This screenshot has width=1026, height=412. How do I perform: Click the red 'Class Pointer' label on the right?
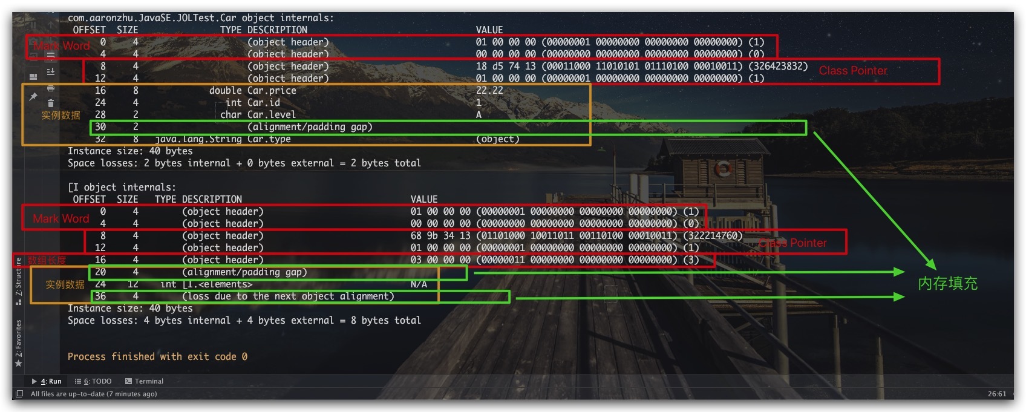[x=853, y=71]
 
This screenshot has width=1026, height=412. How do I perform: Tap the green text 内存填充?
[x=947, y=283]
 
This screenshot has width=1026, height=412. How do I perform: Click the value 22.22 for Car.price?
[x=489, y=90]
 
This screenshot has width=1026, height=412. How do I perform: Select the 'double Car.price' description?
[x=253, y=90]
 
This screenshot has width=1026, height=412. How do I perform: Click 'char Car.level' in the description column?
[x=258, y=114]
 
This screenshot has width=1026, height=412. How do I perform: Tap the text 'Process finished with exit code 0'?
[x=157, y=356]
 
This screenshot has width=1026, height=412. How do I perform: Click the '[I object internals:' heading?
[x=122, y=187]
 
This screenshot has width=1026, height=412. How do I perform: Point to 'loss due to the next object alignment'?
[x=288, y=296]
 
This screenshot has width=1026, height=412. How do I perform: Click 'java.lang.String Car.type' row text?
[x=223, y=139]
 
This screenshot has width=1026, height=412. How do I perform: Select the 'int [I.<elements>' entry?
[x=206, y=284]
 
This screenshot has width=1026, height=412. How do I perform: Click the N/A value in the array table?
[x=419, y=284]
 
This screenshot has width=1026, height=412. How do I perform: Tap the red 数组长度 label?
[x=47, y=260]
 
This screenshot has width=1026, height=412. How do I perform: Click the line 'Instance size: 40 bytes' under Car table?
[x=130, y=151]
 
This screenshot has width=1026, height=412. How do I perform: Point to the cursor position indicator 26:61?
[x=997, y=394]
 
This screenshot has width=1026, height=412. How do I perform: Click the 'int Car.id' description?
[x=253, y=102]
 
